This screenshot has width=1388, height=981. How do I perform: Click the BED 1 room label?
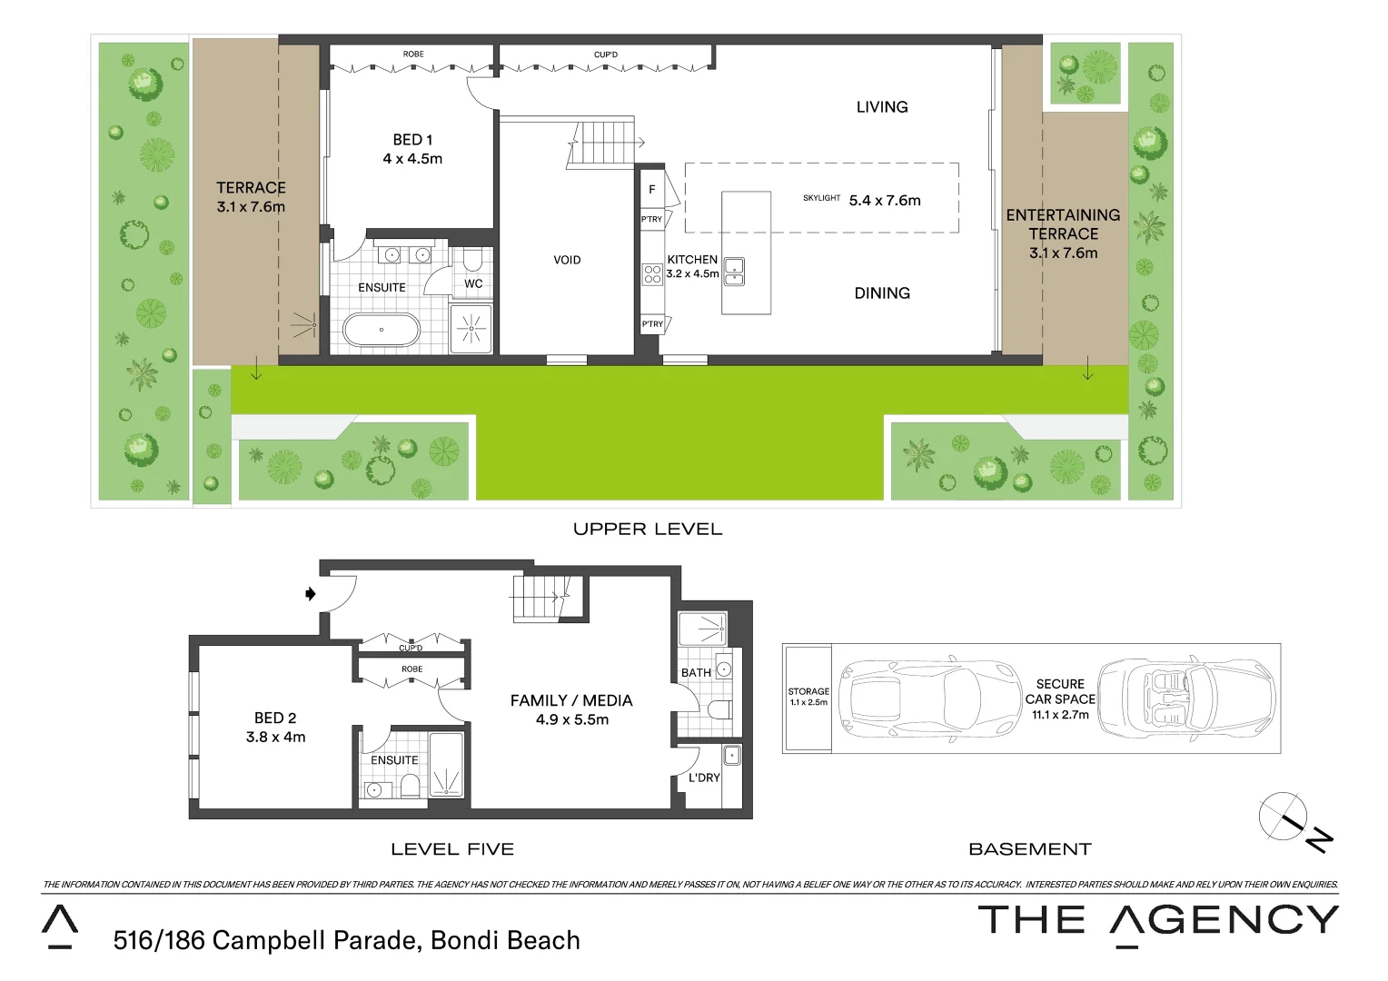pos(412,140)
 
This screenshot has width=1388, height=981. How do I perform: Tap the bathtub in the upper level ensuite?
pos(382,330)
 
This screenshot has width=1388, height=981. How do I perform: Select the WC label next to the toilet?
pos(473,283)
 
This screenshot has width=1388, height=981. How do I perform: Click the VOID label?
pos(567,260)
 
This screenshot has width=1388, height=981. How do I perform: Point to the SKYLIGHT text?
pos(821,198)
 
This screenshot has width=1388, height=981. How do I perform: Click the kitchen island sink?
pos(734,272)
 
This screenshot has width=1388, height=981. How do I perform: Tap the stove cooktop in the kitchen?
pos(652,273)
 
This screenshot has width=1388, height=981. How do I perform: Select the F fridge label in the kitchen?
pos(651,190)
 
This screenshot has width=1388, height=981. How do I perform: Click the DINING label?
pos(881,293)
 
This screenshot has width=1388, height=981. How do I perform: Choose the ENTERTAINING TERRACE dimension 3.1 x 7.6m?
pos(1063,253)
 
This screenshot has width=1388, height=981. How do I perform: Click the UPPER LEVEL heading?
pos(648,529)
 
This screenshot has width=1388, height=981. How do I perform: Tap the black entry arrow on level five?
pos(311,594)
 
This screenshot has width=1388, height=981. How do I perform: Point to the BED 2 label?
pos(275,718)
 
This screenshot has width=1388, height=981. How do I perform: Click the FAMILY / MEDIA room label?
pos(571,700)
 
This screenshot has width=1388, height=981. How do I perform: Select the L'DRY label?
pos(703,778)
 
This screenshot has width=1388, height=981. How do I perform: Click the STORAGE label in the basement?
pos(808,691)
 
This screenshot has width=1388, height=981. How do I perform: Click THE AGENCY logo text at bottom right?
pos(1158,920)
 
